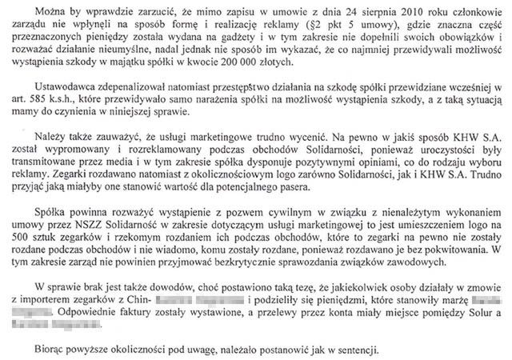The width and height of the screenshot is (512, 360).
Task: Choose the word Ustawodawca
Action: pos(66,93)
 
